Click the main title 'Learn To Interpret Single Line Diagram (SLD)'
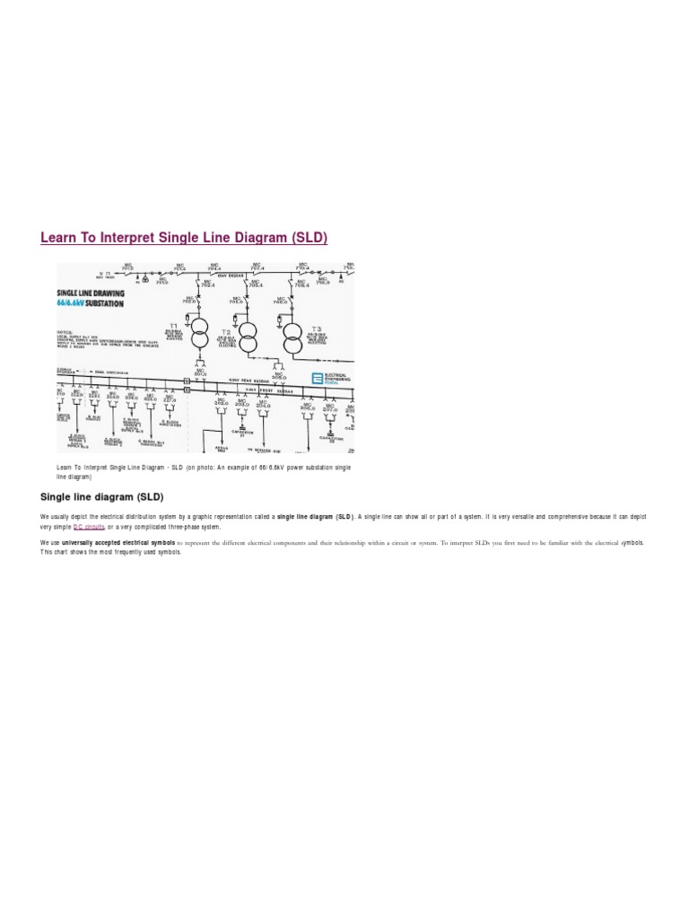(x=184, y=238)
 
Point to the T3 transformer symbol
(x=293, y=338)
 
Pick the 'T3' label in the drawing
(x=317, y=328)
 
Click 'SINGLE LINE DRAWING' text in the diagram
(x=91, y=293)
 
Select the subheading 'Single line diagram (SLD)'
(x=102, y=496)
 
